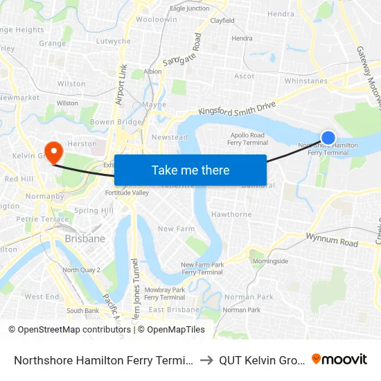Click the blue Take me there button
pyautogui.click(x=190, y=170)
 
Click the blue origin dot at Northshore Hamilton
pyautogui.click(x=328, y=138)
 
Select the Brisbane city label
pyautogui.click(x=85, y=238)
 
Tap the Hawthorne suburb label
pyautogui.click(x=231, y=215)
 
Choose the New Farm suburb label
pyautogui.click(x=176, y=229)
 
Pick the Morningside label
pyautogui.click(x=269, y=261)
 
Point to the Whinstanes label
pyautogui.click(x=305, y=81)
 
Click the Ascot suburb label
pyautogui.click(x=245, y=76)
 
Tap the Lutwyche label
pyautogui.click(x=113, y=42)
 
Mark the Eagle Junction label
pyautogui.click(x=189, y=8)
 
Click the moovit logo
pyautogui.click(x=339, y=359)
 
